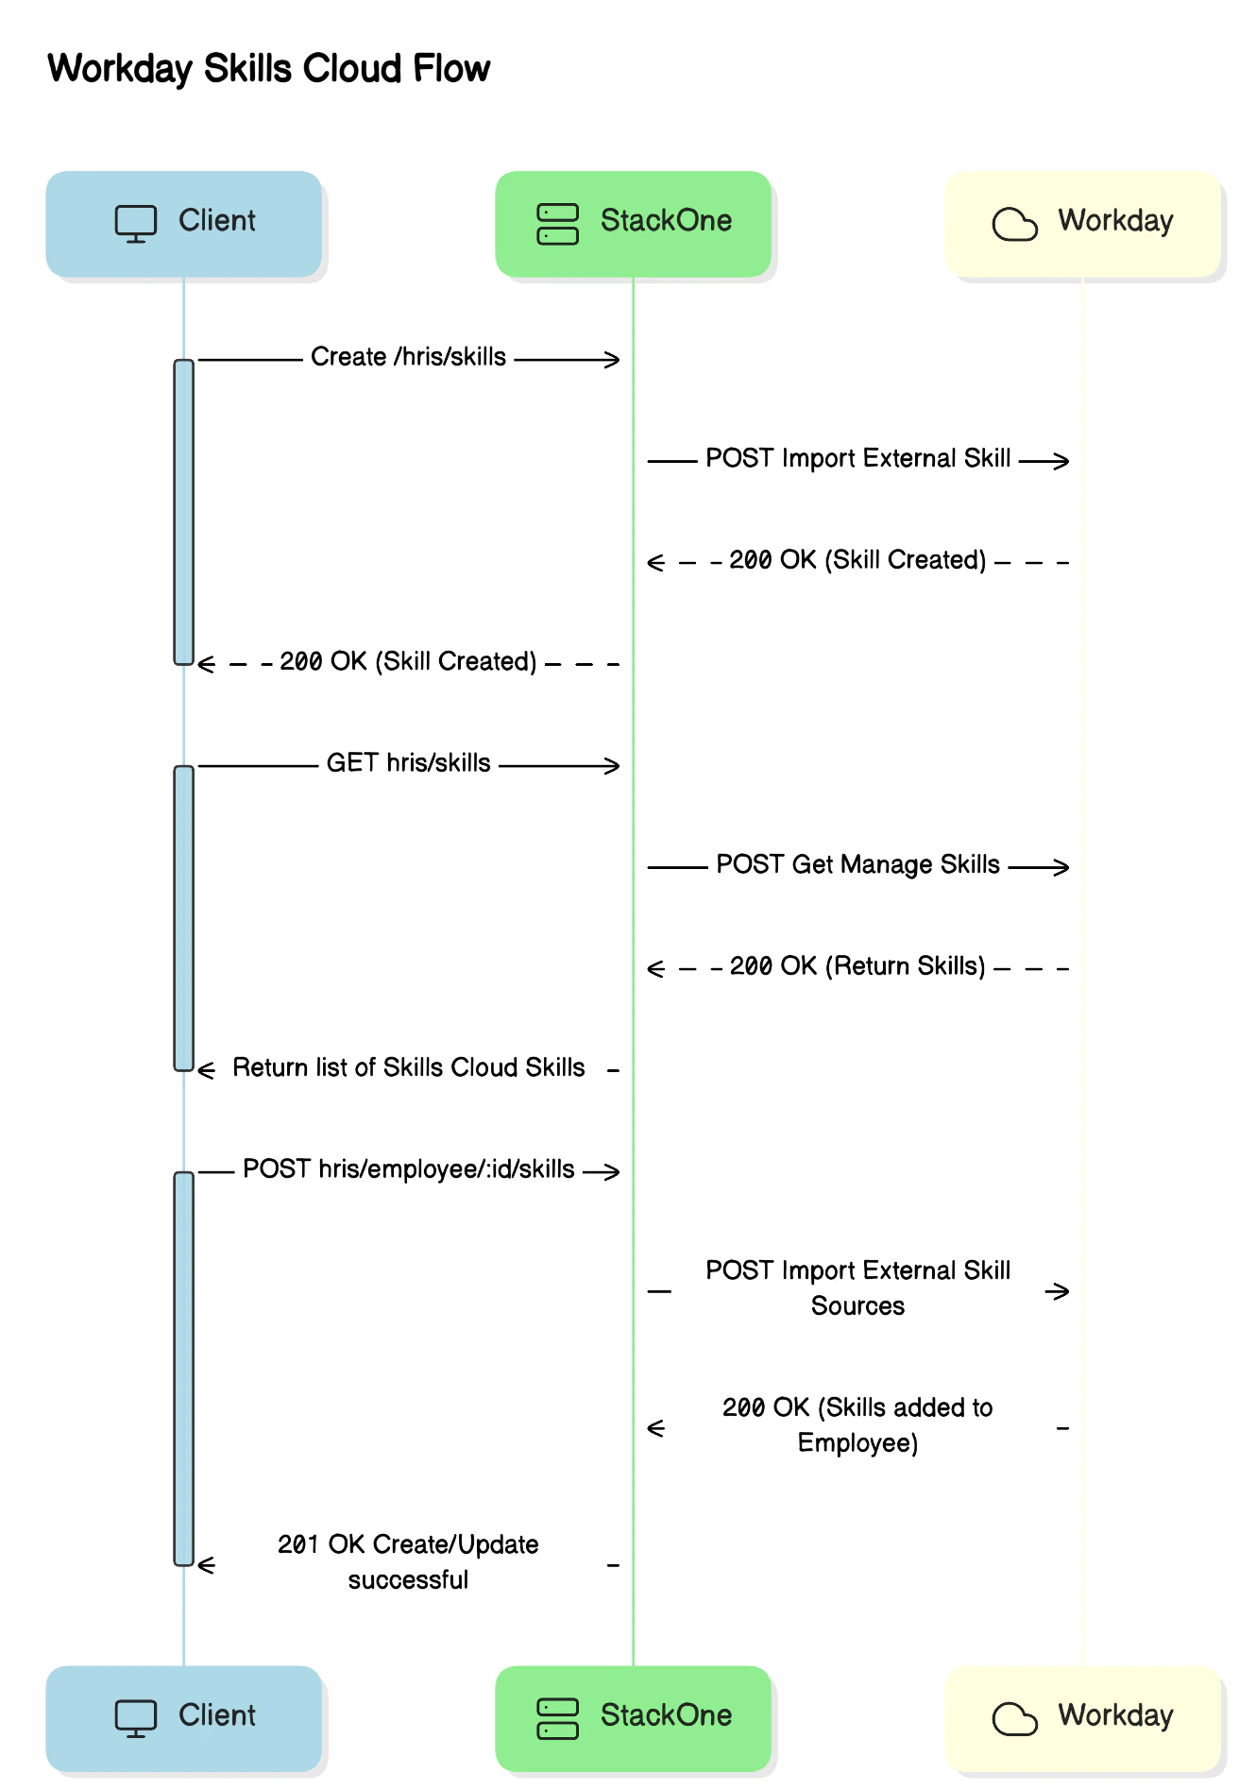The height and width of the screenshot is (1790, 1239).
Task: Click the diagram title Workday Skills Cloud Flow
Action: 268,69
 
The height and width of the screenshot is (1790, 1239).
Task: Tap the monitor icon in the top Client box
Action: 136,224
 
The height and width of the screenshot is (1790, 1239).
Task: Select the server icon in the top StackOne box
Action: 557,224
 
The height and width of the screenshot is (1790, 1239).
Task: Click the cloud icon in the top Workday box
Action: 1014,225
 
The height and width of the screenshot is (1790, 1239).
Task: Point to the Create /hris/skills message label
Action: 408,357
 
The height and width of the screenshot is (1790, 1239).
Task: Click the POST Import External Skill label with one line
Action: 857,459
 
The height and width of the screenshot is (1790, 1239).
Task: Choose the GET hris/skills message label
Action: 408,763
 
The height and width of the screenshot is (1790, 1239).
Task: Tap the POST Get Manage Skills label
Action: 857,865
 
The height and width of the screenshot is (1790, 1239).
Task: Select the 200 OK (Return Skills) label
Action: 857,966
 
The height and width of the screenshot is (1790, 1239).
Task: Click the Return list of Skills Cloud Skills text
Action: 408,1068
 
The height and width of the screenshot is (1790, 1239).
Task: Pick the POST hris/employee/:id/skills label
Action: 408,1169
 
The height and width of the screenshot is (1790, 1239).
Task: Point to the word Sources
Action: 857,1306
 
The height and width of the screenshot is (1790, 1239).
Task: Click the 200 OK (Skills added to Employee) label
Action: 857,1425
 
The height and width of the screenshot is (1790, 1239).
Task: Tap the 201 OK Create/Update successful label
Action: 408,1562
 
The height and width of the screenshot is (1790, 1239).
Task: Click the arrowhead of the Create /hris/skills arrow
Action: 614,360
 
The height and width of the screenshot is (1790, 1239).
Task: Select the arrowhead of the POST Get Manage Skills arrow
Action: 1063,867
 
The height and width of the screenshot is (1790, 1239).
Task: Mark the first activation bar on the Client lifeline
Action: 183,512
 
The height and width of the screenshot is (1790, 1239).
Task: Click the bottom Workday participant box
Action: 1082,1718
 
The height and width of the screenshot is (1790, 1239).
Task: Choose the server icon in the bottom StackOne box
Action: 557,1718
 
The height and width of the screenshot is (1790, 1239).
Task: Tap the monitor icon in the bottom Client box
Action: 136,1718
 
